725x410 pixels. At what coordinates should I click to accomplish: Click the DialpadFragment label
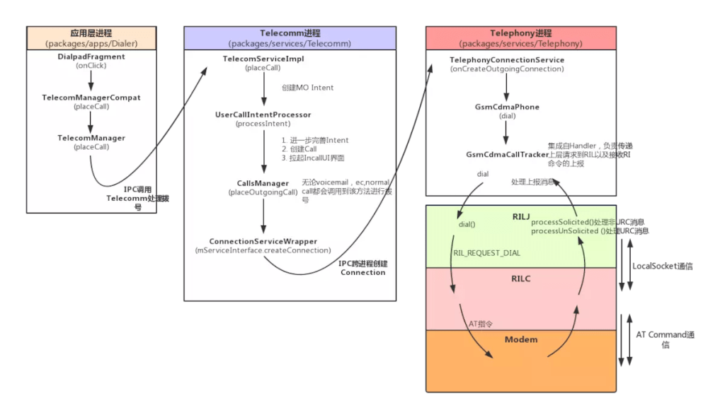click(91, 57)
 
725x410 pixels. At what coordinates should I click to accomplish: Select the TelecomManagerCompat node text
click(91, 98)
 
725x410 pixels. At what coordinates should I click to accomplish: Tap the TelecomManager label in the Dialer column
click(91, 138)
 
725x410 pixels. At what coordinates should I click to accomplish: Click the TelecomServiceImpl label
click(263, 59)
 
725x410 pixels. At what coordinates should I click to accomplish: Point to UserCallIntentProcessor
click(263, 115)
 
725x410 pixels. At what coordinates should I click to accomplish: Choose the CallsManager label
click(263, 184)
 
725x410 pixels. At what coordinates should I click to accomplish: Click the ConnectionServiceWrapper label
click(263, 242)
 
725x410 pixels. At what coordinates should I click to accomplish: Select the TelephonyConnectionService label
click(507, 60)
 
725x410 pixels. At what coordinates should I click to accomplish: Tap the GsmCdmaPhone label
click(507, 107)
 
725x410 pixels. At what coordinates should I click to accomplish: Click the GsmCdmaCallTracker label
click(507, 154)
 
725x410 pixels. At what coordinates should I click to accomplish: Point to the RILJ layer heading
click(520, 216)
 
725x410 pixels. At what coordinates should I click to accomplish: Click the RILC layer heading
click(520, 279)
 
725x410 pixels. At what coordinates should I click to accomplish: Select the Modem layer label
click(520, 340)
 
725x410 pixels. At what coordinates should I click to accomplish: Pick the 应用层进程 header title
click(91, 33)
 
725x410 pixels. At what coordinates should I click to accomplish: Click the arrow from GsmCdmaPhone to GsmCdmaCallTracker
click(507, 132)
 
